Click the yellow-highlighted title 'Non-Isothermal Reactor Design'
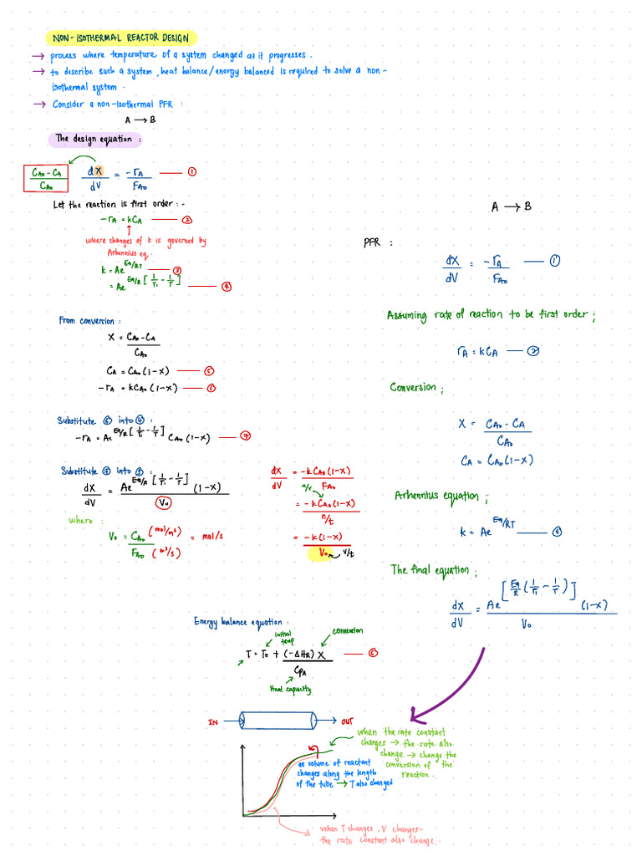[122, 38]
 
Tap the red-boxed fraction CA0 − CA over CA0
[44, 178]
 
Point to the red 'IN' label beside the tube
[213, 721]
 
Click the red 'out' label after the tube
[348, 721]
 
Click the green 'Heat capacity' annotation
[290, 689]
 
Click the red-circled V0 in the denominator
[165, 502]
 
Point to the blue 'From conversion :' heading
[89, 320]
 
